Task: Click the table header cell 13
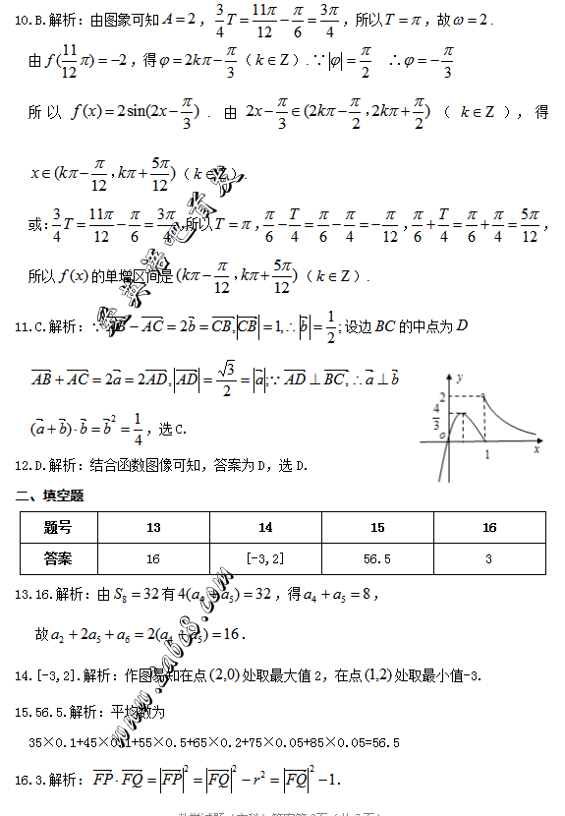[x=153, y=528]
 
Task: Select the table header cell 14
[x=265, y=528]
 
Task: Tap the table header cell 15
[x=377, y=528]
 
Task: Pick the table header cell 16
[x=489, y=528]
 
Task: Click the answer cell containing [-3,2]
[x=265, y=558]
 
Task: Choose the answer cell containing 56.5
[x=377, y=558]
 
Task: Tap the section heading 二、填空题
[x=49, y=495]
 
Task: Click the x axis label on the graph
[x=537, y=448]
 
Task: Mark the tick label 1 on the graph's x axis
[x=487, y=455]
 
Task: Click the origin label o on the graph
[x=442, y=435]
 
